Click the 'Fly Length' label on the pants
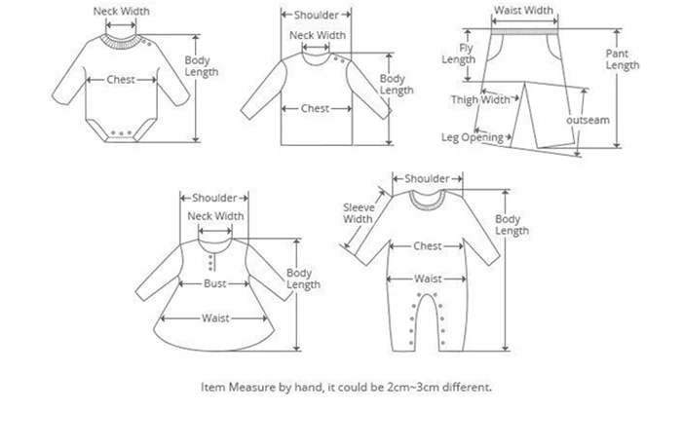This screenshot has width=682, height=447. click(459, 54)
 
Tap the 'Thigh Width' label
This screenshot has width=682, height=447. click(480, 100)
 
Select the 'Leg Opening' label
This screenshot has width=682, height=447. click(473, 137)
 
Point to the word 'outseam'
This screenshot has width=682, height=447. click(587, 120)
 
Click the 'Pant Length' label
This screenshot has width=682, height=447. click(623, 59)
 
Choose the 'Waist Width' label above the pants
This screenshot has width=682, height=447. click(524, 11)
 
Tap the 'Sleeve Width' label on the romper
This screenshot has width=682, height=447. click(359, 213)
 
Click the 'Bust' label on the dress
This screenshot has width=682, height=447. click(215, 283)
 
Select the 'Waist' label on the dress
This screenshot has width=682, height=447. click(215, 318)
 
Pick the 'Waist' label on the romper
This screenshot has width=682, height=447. click(428, 279)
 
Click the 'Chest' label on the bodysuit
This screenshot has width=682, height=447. click(121, 80)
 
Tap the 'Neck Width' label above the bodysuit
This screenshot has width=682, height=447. click(122, 12)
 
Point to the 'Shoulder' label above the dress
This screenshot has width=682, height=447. click(214, 198)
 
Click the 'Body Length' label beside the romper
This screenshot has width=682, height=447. click(511, 225)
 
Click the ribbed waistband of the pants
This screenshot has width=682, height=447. click(524, 32)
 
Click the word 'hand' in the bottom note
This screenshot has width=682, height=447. click(308, 387)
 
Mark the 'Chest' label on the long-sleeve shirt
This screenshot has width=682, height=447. click(315, 108)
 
